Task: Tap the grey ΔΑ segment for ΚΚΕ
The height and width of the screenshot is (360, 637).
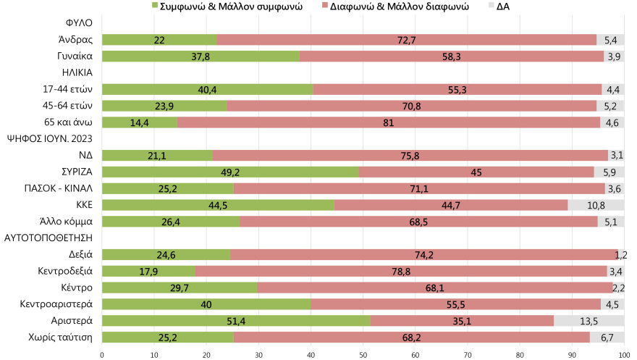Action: pyautogui.click(x=596, y=205)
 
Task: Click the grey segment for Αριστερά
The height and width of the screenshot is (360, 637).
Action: pyautogui.click(x=589, y=320)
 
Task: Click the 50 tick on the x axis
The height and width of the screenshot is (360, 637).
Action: pyautogui.click(x=363, y=355)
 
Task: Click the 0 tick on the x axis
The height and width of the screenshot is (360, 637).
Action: pyautogui.click(x=102, y=355)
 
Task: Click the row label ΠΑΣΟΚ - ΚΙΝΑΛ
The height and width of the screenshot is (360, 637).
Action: pyautogui.click(x=56, y=188)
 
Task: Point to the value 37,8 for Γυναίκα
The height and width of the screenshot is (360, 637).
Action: pyautogui.click(x=201, y=56)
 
